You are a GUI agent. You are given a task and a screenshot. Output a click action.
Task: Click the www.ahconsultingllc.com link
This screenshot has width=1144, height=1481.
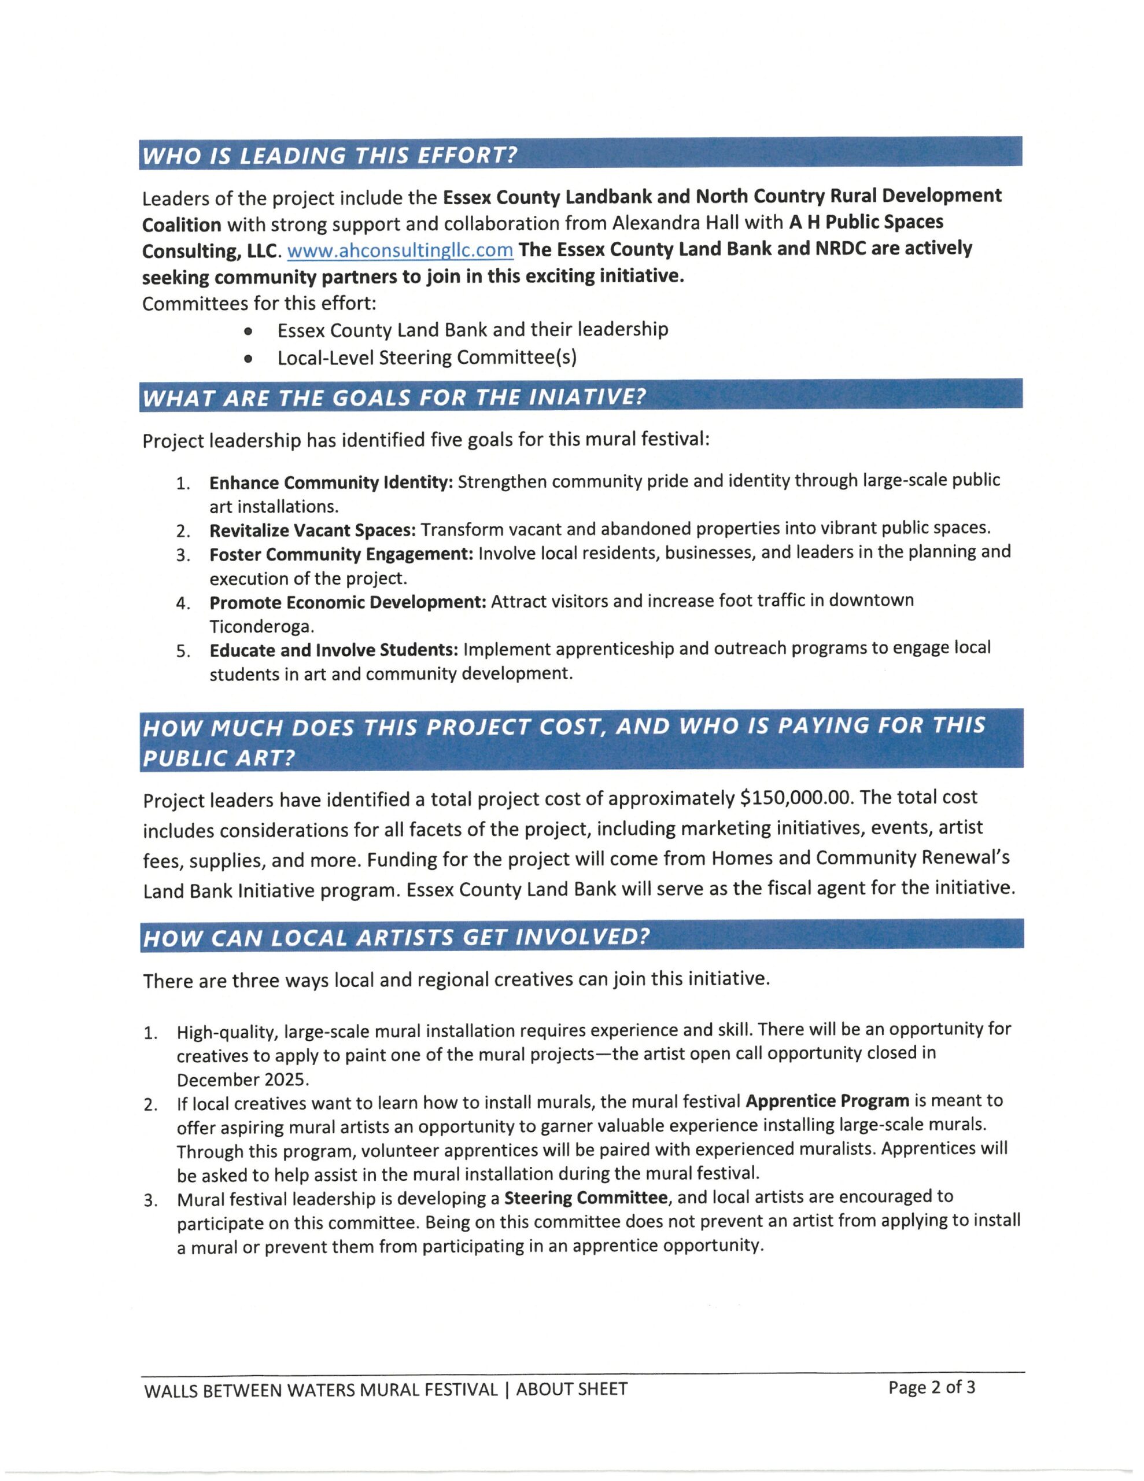pos(400,250)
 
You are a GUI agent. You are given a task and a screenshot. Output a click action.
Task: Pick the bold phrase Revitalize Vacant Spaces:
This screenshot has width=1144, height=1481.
pos(312,529)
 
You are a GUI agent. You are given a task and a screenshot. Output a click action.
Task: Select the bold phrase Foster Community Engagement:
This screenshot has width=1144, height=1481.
pos(341,554)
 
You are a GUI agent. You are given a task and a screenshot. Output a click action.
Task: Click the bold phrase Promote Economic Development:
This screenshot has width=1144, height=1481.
pos(348,602)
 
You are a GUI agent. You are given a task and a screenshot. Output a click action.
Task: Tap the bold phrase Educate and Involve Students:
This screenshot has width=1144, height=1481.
pos(334,650)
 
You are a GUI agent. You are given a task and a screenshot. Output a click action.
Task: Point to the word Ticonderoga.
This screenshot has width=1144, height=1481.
pos(261,626)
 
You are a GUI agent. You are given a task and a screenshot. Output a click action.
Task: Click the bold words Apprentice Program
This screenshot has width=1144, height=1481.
pos(826,1100)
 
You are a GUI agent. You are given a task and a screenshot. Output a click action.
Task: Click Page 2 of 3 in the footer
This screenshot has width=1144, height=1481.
pos(931,1387)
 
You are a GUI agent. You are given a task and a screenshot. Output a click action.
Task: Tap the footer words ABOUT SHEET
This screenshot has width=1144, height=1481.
pos(571,1390)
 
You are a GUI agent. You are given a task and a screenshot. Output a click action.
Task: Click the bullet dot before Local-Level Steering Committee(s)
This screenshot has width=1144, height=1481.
pos(249,358)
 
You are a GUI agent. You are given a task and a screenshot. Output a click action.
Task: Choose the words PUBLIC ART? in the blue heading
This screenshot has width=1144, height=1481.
pos(219,757)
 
